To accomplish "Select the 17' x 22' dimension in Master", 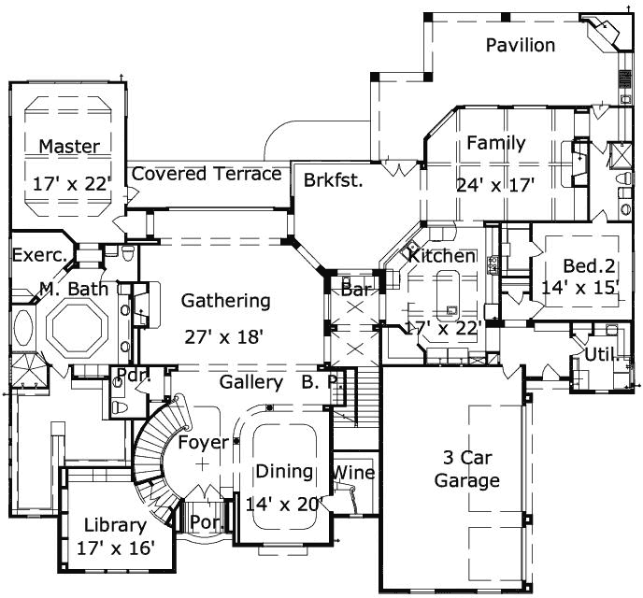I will click(71, 182).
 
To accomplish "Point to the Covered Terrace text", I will click(207, 174).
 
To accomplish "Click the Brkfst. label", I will click(333, 180).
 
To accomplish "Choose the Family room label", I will click(495, 144).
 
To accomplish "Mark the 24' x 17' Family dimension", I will click(495, 184).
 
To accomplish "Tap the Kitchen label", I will click(441, 256).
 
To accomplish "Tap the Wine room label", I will click(354, 473).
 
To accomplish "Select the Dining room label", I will click(280, 472).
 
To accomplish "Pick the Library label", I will click(115, 524).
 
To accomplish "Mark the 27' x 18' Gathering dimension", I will click(226, 334).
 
